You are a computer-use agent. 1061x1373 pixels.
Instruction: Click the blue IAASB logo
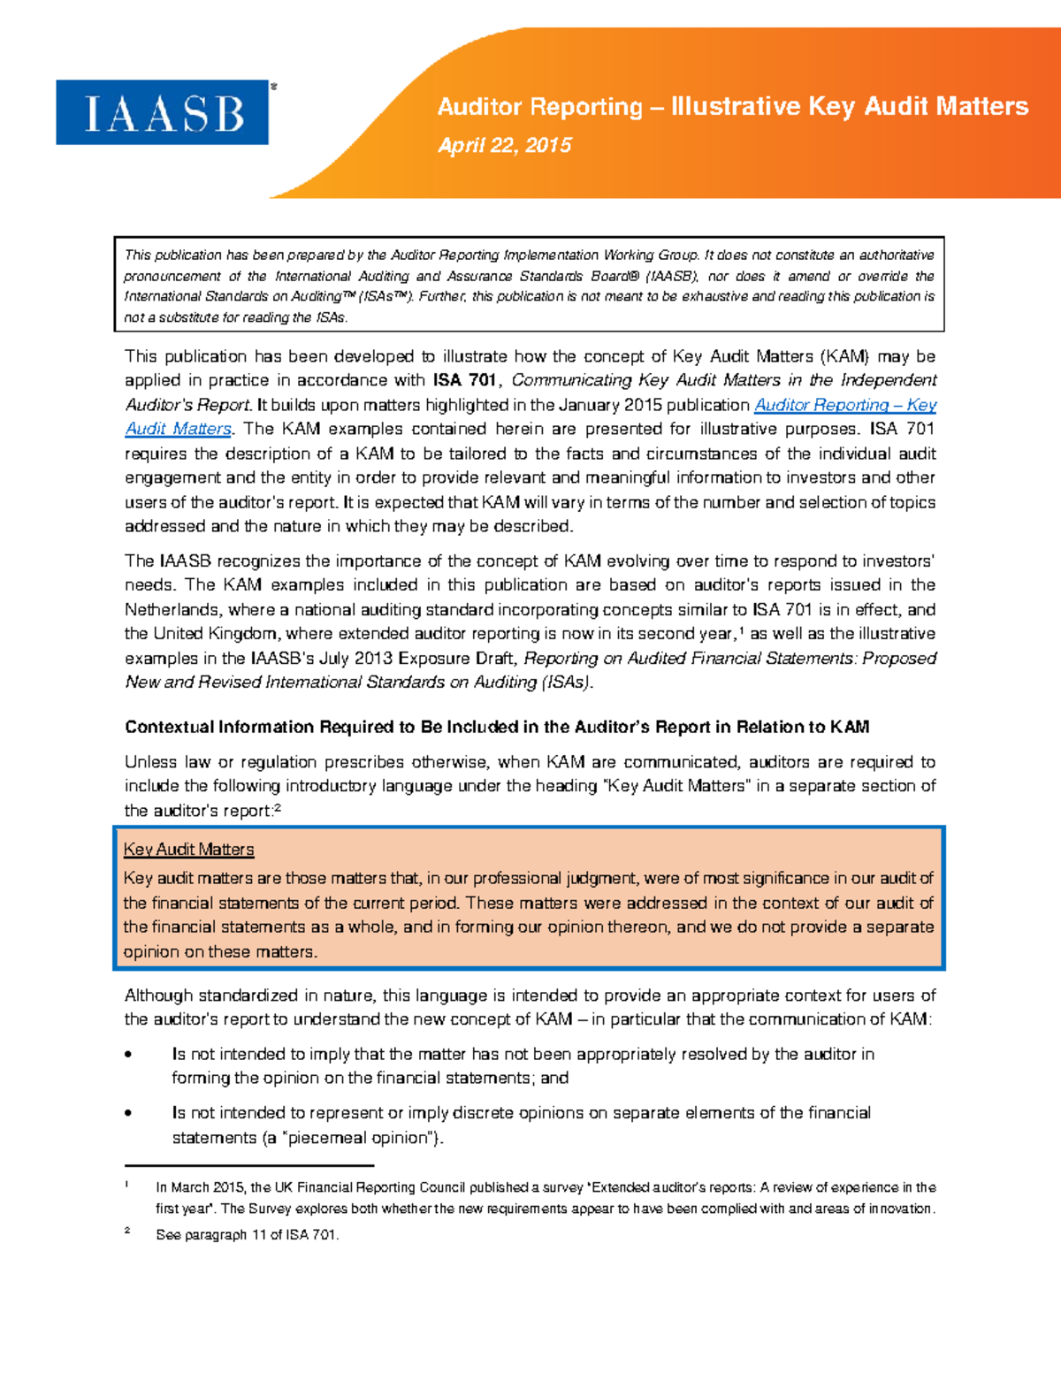pos(163,112)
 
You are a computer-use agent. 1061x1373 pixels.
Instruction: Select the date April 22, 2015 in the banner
pos(505,146)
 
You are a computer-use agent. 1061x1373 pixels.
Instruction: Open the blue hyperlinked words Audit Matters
pos(178,429)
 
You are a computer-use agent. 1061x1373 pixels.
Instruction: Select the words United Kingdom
pos(210,634)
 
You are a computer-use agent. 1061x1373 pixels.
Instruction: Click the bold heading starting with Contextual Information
pos(497,727)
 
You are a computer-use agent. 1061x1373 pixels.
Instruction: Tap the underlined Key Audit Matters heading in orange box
pos(189,850)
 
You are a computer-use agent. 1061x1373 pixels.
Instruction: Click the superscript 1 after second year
pos(741,629)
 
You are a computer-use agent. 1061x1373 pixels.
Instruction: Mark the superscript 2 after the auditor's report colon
pos(278,807)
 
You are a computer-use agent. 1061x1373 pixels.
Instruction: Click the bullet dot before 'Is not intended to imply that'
pos(129,1055)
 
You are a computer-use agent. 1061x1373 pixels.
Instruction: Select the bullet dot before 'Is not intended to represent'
pos(129,1113)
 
